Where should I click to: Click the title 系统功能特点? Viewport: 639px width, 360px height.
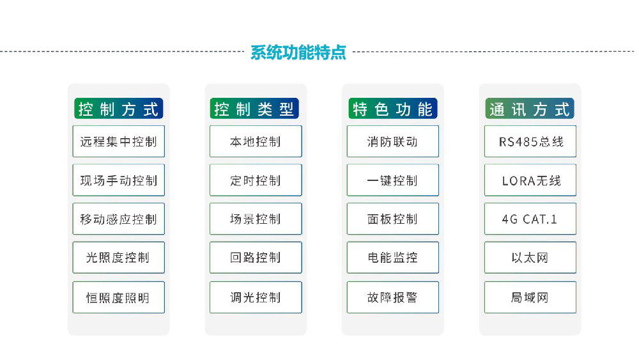(x=298, y=52)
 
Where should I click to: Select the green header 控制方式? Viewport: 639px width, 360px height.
(x=119, y=109)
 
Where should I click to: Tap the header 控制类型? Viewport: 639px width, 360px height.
(x=254, y=109)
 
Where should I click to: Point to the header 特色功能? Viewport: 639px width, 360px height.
(x=393, y=109)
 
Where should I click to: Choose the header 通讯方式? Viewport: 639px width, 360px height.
(x=530, y=109)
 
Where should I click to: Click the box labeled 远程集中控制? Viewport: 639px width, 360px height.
(x=119, y=141)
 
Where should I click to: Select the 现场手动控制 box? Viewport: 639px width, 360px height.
(x=119, y=180)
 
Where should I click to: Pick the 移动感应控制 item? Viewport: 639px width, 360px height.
(x=119, y=219)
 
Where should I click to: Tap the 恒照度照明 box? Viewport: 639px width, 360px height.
(x=119, y=297)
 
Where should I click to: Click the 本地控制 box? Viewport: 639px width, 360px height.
(x=256, y=141)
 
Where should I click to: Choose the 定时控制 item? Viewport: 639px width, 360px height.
(x=256, y=180)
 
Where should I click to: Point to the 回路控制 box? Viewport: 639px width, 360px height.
(x=256, y=258)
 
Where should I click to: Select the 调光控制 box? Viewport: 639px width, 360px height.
(x=256, y=297)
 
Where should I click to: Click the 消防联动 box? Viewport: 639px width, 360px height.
(x=393, y=141)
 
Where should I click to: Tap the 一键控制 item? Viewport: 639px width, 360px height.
(x=393, y=180)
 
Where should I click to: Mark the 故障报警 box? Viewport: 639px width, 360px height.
(x=393, y=297)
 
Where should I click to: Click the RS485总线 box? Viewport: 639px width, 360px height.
(x=530, y=141)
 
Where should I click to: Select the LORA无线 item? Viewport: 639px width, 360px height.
(x=530, y=180)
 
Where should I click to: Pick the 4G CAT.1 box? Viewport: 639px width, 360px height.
(x=530, y=219)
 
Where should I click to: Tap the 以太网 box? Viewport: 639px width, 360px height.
(x=530, y=258)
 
